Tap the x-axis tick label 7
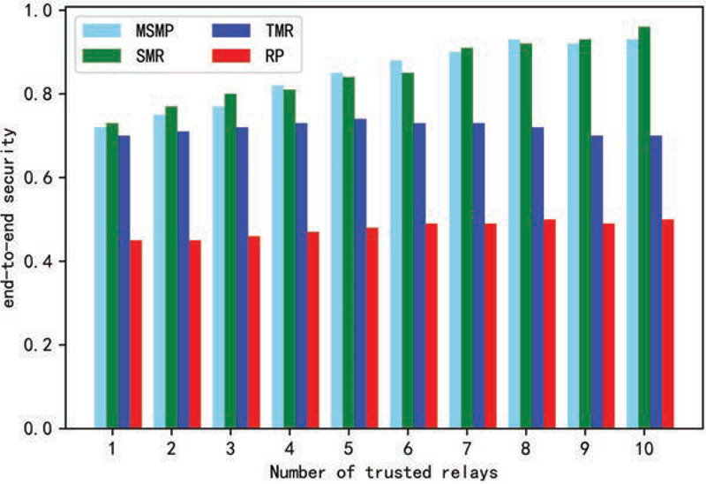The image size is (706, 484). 467,449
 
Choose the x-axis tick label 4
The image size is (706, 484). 289,449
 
